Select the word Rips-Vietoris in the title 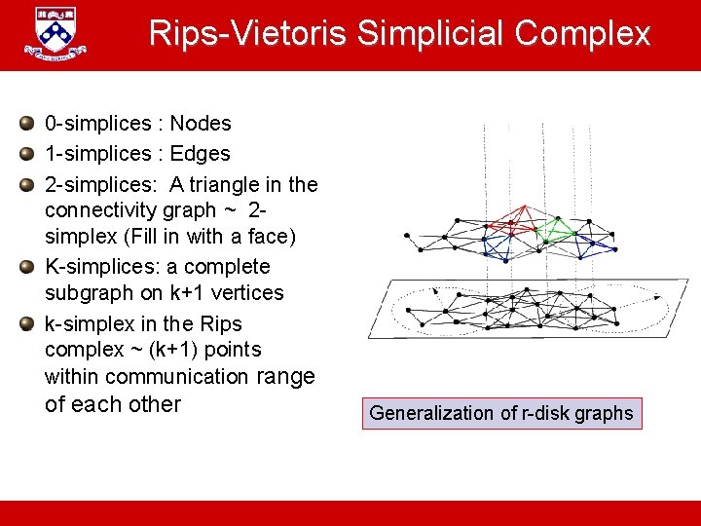click(249, 34)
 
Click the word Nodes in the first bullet click(201, 124)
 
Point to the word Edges click(200, 154)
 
